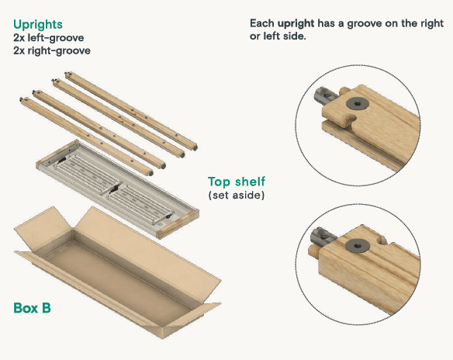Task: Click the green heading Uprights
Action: (x=38, y=24)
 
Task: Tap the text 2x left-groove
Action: (x=49, y=37)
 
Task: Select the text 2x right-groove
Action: (x=52, y=50)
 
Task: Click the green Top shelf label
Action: (x=237, y=182)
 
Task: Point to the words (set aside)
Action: (x=237, y=195)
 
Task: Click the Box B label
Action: (x=32, y=308)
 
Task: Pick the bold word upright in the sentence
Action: (x=296, y=23)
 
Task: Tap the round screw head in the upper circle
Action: (x=358, y=103)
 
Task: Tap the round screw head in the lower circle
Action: (x=358, y=245)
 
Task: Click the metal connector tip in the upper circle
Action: (x=326, y=96)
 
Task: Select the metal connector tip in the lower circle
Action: (x=322, y=237)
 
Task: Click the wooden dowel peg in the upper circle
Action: (x=344, y=91)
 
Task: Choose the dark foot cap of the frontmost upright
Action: (x=150, y=173)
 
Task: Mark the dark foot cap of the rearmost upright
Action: (x=195, y=147)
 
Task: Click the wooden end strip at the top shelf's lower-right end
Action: (x=178, y=224)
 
